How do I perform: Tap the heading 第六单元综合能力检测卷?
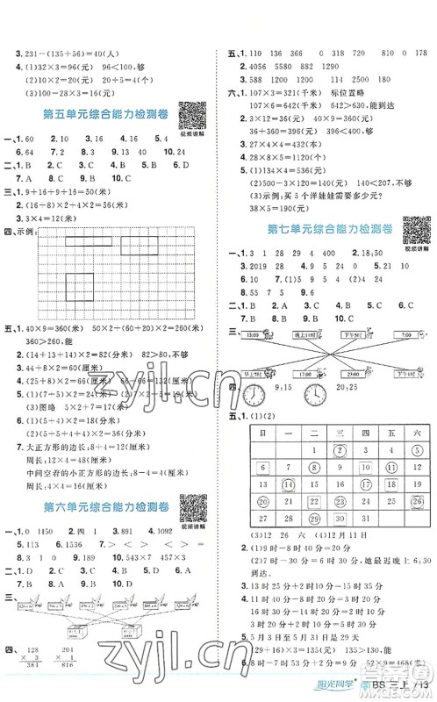[x=96, y=506]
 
